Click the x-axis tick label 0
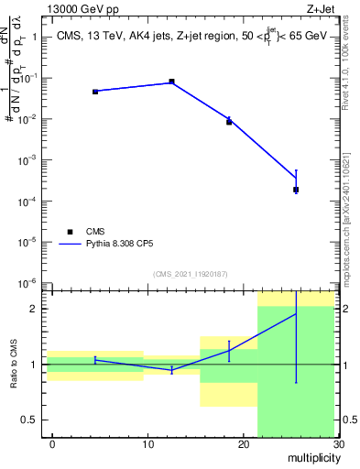tap(52, 443)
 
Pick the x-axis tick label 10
tap(147, 443)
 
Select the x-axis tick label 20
tap(243, 443)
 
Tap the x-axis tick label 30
tap(338, 443)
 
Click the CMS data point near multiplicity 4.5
tap(95, 92)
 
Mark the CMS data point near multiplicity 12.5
tap(171, 82)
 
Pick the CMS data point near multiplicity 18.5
tap(229, 122)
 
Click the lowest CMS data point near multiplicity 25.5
tap(296, 190)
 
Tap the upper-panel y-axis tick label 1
tap(35, 38)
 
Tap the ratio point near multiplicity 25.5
tap(296, 314)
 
